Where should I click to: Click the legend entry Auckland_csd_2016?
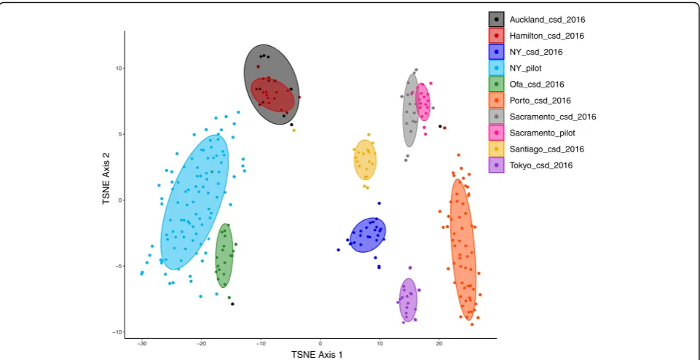click(547, 20)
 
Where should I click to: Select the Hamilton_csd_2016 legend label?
click(546, 36)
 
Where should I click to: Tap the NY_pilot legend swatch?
click(496, 68)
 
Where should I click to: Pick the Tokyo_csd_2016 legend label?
click(540, 165)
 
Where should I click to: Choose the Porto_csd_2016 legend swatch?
click(496, 101)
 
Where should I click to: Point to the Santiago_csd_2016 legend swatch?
click(496, 149)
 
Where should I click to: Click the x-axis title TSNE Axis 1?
click(318, 355)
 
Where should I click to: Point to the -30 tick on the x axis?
click(142, 344)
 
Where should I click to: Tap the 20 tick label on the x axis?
click(439, 344)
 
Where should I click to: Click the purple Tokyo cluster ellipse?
click(408, 300)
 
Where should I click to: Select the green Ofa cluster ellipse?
click(224, 256)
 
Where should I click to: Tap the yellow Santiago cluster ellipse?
click(365, 160)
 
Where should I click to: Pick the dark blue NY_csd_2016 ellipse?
click(367, 235)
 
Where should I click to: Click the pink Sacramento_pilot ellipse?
click(422, 102)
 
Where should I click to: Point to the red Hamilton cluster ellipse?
click(272, 95)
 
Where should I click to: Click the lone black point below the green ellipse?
click(232, 304)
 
